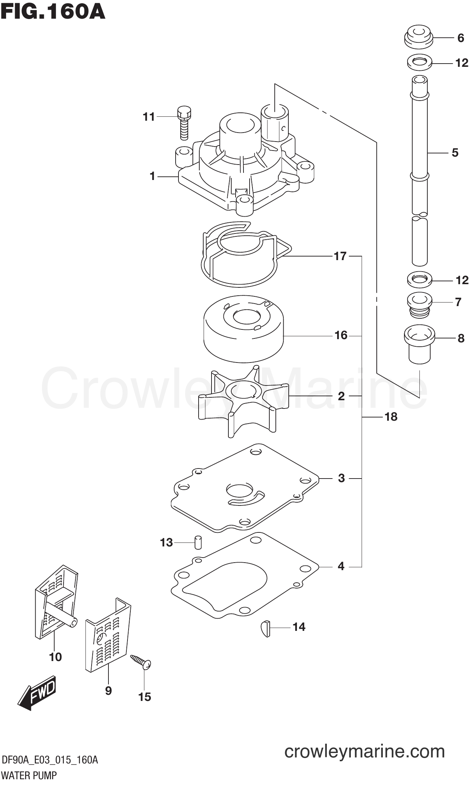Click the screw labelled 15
point(141,661)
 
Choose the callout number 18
point(391,417)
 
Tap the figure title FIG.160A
point(53,11)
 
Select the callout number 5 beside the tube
point(455,153)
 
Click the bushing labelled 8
point(419,343)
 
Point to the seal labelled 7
point(418,305)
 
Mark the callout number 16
point(341,335)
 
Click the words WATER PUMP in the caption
point(29,775)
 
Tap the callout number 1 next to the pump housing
point(152,176)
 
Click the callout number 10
point(55,657)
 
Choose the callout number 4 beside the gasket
point(341,566)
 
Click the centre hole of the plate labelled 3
point(240,489)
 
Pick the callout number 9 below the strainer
point(108,691)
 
